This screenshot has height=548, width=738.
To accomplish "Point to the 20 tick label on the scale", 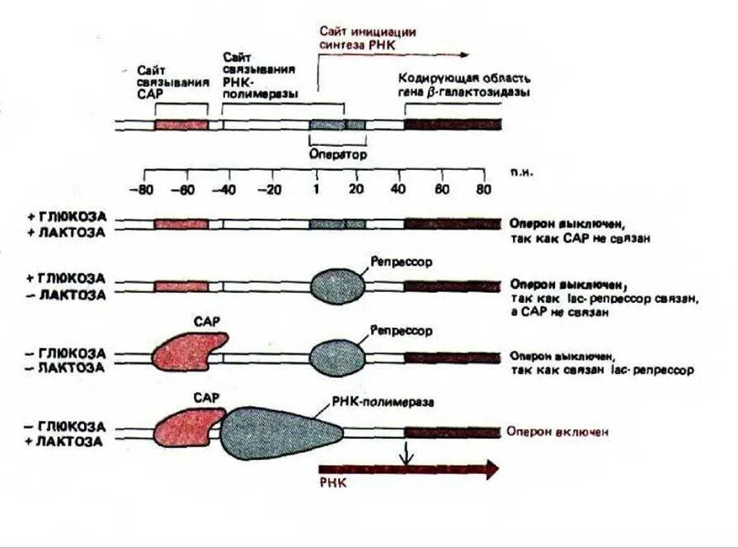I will click(x=356, y=189).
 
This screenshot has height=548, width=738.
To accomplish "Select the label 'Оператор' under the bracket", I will click(x=337, y=154).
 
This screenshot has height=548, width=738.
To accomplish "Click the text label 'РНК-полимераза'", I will click(x=383, y=402).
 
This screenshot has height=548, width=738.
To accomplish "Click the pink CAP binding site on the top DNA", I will click(x=181, y=125).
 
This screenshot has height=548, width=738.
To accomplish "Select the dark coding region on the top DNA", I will click(x=452, y=125).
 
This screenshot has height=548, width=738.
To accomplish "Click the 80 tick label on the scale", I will click(x=483, y=189).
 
